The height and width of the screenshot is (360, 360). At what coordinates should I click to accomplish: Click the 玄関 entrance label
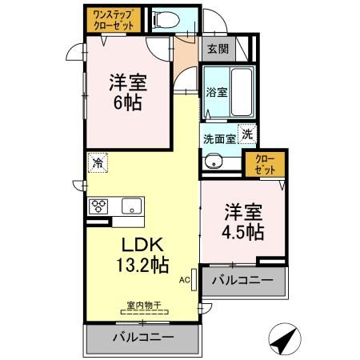217,48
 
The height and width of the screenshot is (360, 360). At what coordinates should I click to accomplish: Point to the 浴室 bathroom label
217,92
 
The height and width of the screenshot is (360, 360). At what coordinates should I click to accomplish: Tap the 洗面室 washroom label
218,138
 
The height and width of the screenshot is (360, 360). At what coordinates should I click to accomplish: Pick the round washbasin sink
213,162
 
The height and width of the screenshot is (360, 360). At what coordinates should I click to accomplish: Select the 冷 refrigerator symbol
98,162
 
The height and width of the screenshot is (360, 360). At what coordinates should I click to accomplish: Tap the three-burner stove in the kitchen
101,206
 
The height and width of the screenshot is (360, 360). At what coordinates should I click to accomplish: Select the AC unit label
183,280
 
